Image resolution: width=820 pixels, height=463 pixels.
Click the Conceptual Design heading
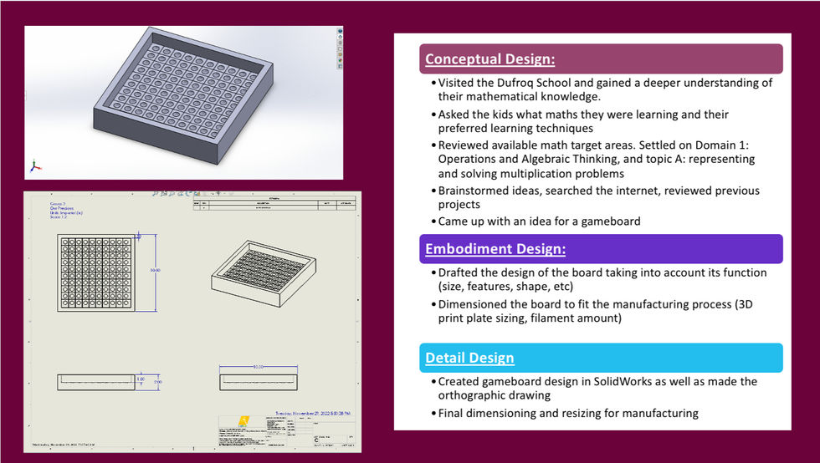click(x=489, y=59)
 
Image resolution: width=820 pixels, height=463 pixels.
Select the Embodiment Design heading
click(x=495, y=249)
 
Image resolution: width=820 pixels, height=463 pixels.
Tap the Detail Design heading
click(x=469, y=358)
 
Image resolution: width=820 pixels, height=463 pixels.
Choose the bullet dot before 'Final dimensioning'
click(x=433, y=413)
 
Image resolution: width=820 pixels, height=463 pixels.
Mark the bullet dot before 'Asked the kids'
click(x=433, y=114)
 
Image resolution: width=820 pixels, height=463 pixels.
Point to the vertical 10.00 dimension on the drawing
click(x=153, y=270)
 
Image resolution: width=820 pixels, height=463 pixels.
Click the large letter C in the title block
click(x=315, y=437)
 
